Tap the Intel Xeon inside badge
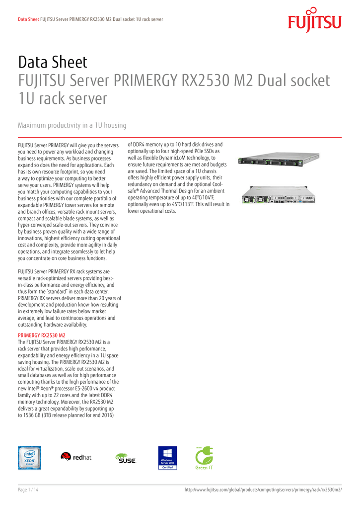click(30, 458)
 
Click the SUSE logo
click(125, 458)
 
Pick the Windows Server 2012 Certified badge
click(167, 458)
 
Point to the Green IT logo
click(204, 458)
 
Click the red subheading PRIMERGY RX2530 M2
click(42, 336)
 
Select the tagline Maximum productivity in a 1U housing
click(72, 125)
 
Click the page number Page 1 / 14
click(28, 490)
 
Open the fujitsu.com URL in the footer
click(263, 490)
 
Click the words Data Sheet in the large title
click(53, 62)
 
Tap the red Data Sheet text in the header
click(28, 19)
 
